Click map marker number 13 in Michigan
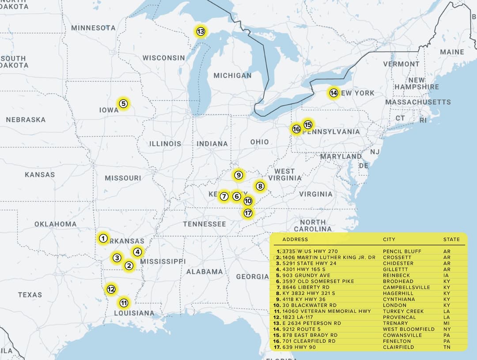tap(201, 31)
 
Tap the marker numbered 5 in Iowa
tap(123, 104)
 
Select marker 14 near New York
tap(333, 93)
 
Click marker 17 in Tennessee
tap(248, 213)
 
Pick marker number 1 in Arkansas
tap(103, 239)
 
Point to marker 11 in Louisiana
tap(124, 303)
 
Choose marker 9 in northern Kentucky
tap(238, 175)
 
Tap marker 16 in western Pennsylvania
tap(296, 129)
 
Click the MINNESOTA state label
tap(93, 28)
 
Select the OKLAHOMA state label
tap(55, 224)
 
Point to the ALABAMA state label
tap(204, 272)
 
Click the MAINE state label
tap(452, 52)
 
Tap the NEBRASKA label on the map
tap(26, 120)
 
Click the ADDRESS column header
tap(295, 239)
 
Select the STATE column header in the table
tap(451, 239)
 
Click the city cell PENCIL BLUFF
tap(402, 251)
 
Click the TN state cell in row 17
tap(447, 347)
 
